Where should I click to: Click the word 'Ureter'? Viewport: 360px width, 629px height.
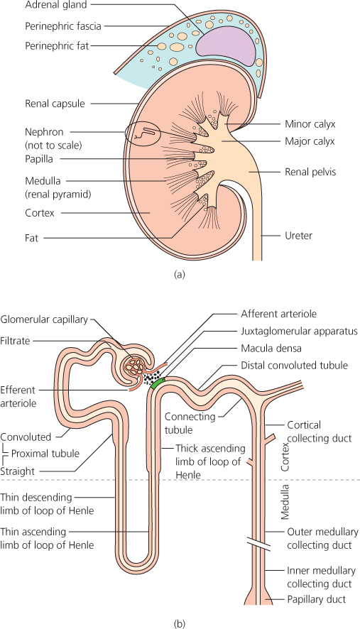(x=298, y=235)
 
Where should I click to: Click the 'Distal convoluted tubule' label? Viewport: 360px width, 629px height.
(x=293, y=366)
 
